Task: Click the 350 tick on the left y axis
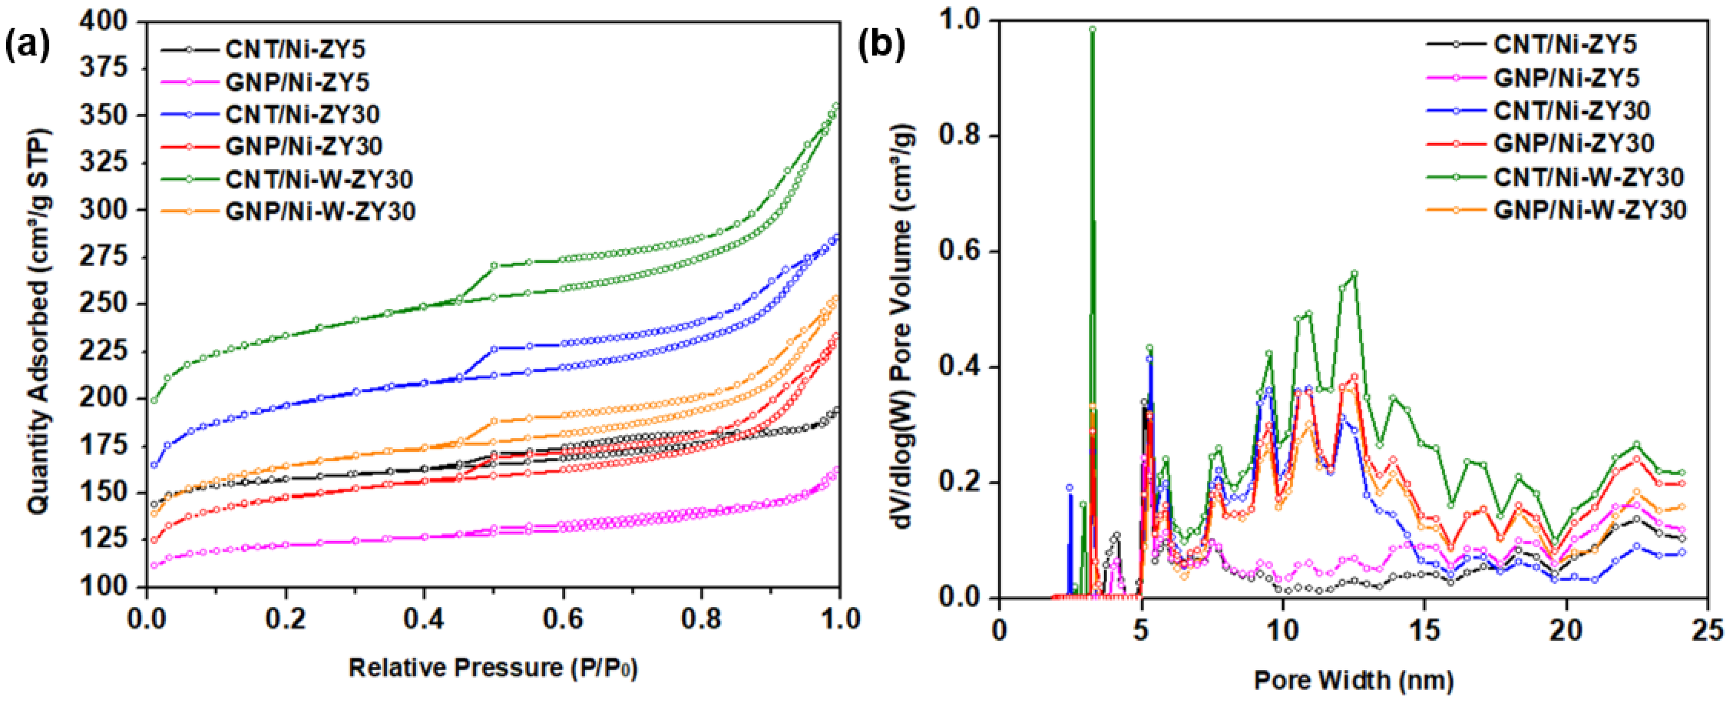click(104, 116)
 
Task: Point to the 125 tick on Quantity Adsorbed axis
click(104, 539)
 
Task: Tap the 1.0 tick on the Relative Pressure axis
click(838, 618)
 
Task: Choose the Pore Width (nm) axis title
click(1354, 680)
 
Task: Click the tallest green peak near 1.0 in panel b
click(1092, 29)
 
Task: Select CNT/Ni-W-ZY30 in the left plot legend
click(319, 179)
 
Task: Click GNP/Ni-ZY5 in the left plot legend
click(297, 82)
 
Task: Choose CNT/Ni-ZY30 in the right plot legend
click(1571, 111)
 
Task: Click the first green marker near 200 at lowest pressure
click(154, 401)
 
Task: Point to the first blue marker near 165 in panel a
click(154, 465)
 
